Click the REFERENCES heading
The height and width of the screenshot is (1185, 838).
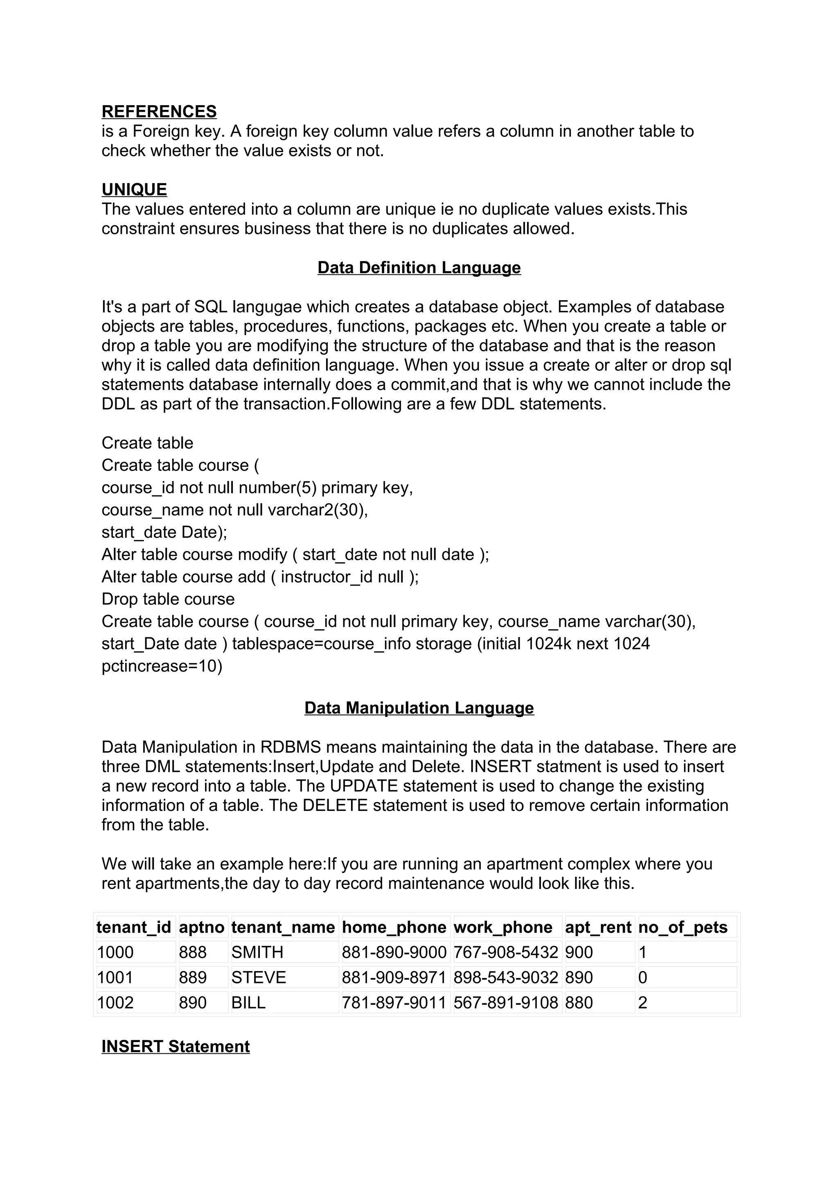pos(159,112)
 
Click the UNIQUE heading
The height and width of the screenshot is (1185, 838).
pos(134,189)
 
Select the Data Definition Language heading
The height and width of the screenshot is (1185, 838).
pos(419,267)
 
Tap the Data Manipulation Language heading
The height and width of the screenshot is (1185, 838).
pos(419,707)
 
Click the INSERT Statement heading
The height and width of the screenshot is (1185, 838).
pos(176,1046)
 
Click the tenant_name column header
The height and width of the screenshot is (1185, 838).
pos(283,927)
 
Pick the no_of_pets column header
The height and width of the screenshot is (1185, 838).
pos(683,927)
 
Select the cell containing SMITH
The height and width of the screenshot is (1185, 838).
pos(257,952)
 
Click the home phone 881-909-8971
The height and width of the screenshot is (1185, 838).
pos(394,978)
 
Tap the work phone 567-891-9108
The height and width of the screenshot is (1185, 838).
pos(506,1003)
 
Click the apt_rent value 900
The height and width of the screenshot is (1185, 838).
pos(579,952)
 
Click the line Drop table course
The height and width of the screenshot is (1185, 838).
pos(168,599)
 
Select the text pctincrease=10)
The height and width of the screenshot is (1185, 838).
pos(162,666)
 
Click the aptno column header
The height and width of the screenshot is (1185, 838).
pos(202,927)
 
